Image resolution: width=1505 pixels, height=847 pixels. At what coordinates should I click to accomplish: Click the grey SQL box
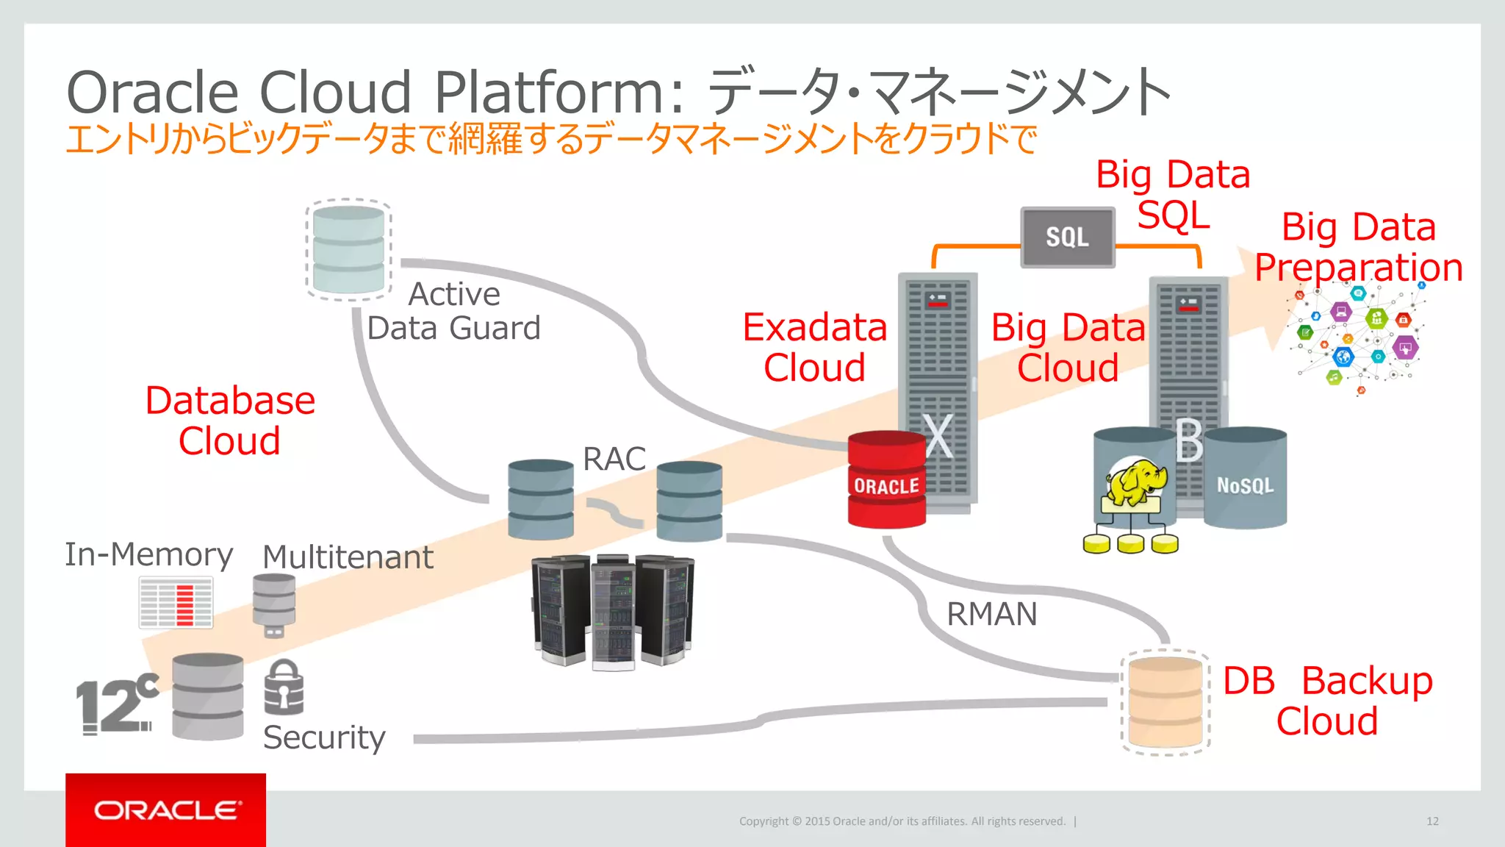coord(1067,237)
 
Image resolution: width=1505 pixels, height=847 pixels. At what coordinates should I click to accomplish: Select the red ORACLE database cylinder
coord(886,479)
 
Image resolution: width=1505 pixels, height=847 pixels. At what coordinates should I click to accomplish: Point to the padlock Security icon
coord(284,687)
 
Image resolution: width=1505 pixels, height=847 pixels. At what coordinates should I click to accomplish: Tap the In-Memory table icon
coord(176,602)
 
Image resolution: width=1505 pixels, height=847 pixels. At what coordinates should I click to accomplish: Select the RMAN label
coord(991,614)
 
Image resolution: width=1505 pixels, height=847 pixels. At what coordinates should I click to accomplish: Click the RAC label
coord(614,459)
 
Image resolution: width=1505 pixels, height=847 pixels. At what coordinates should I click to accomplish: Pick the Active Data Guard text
coord(453,312)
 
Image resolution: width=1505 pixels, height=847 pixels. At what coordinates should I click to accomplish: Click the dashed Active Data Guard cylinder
coord(348,250)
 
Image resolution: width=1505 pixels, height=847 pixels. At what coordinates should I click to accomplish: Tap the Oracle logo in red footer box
coord(166,810)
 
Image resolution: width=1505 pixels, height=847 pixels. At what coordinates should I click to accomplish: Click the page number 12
coord(1432,821)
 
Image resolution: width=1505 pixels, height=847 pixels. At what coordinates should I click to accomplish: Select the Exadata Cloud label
coord(814,347)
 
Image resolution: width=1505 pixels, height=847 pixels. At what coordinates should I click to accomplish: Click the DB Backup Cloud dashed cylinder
coord(1165,702)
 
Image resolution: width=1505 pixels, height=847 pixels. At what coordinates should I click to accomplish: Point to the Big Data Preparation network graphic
coord(1356,338)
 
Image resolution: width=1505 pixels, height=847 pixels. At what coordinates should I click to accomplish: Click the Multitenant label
coord(348,557)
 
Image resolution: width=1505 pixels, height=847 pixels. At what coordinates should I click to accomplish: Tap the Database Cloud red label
coord(230,421)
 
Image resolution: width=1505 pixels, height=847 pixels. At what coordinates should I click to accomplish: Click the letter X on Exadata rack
coord(938,437)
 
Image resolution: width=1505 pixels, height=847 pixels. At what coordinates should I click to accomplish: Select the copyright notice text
coord(902,821)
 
